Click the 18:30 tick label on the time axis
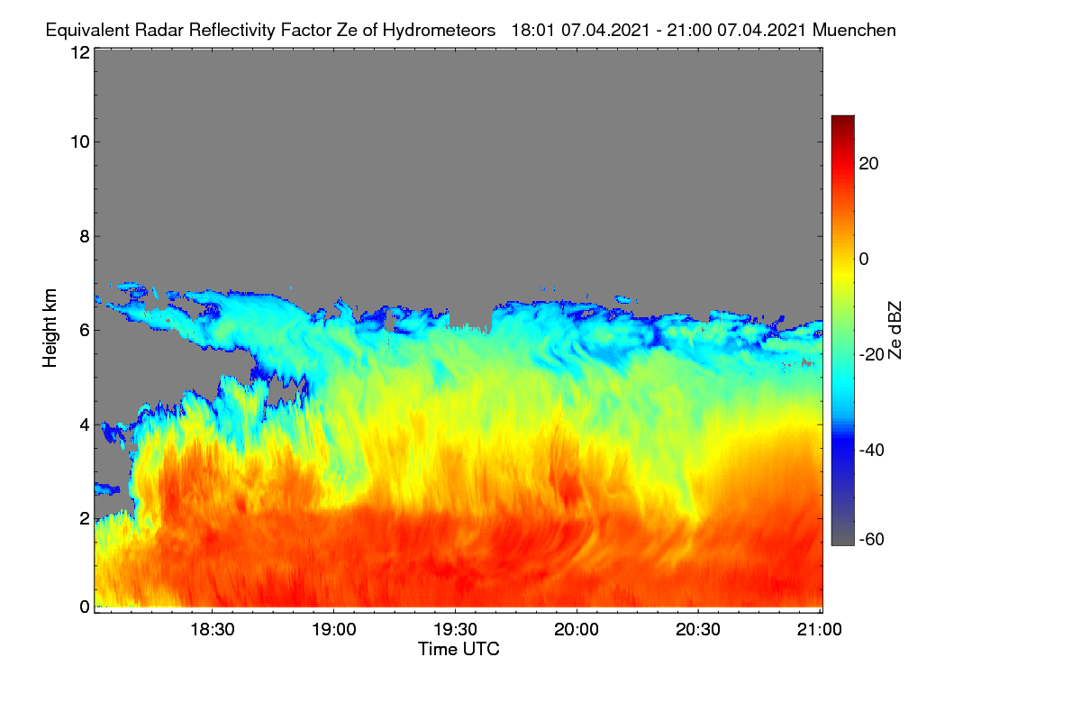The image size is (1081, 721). tap(213, 630)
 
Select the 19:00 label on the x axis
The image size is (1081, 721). tap(334, 630)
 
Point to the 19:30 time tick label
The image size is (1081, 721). tap(455, 630)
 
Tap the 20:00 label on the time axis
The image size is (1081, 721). tap(577, 630)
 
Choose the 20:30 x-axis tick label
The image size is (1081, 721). tap(698, 630)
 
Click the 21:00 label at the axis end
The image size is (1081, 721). tap(820, 630)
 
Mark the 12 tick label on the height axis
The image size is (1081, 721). tap(80, 52)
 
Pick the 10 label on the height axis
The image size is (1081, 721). tap(80, 142)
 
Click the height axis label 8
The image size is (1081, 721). tap(85, 237)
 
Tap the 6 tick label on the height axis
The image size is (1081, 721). tap(85, 331)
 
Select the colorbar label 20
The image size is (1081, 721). tap(868, 164)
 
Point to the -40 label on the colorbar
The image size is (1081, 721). tap(872, 450)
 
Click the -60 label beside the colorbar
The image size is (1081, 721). tap(872, 540)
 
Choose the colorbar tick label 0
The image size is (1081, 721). tap(864, 260)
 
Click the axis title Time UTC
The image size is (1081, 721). tap(459, 649)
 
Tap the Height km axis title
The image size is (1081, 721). tap(50, 328)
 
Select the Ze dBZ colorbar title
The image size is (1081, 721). tap(895, 331)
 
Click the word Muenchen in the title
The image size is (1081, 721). tap(854, 31)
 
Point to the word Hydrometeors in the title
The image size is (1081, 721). tap(440, 31)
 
